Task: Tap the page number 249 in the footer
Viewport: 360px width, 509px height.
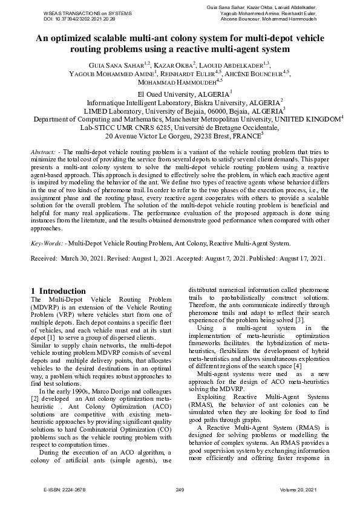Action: (x=180, y=489)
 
